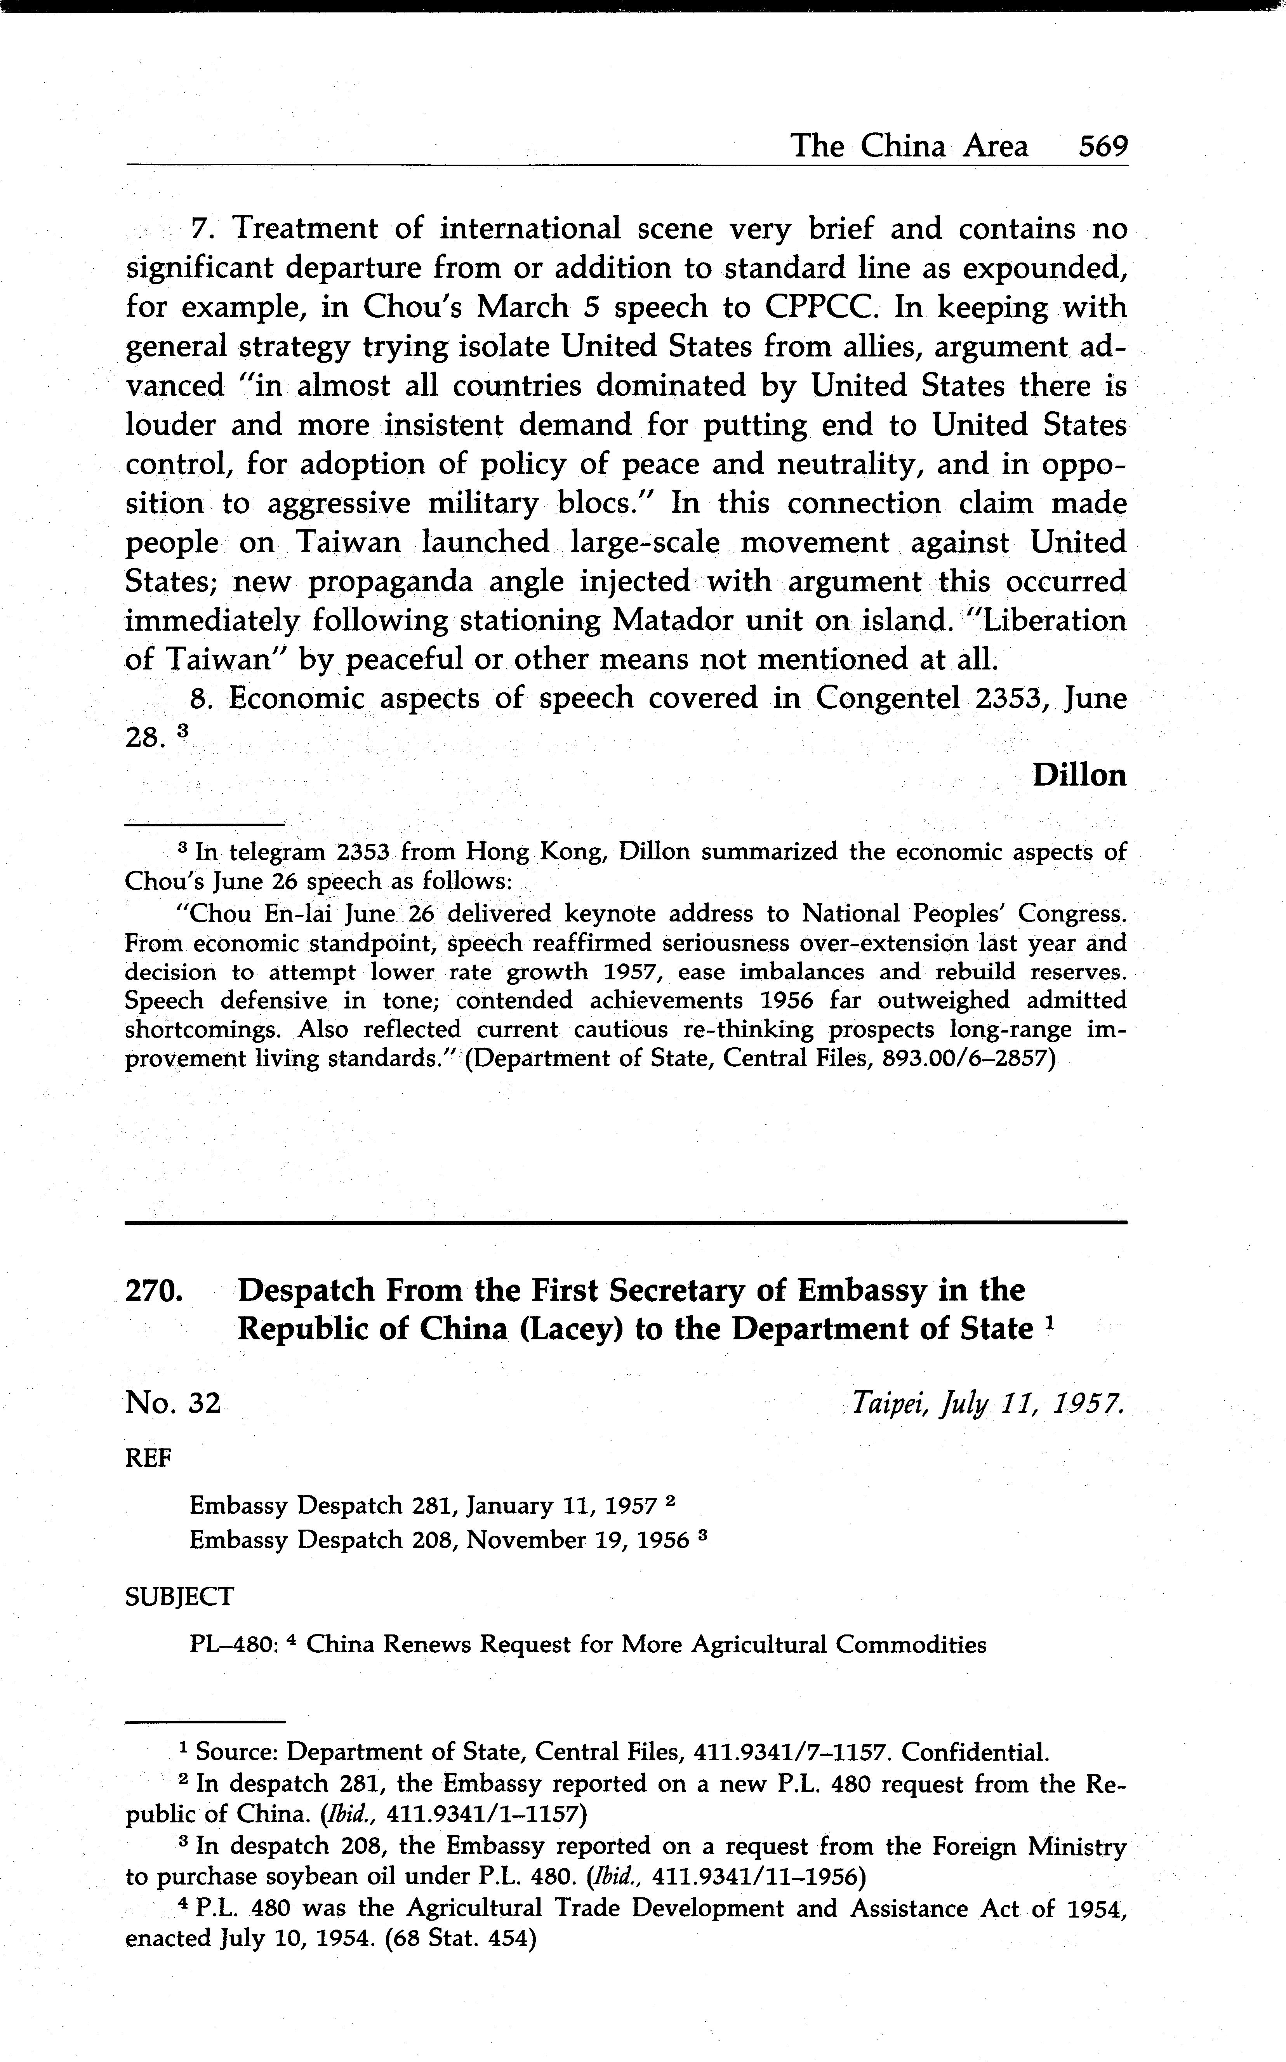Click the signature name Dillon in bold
click(1079, 775)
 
